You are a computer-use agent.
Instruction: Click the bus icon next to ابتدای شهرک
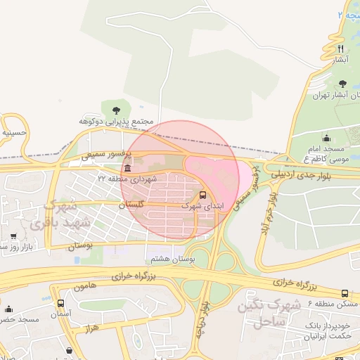coord(203,195)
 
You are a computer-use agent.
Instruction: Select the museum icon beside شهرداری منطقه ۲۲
coord(127,169)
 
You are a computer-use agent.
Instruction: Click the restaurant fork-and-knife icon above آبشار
coord(340,49)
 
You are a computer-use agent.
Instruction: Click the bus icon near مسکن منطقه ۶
coord(345,293)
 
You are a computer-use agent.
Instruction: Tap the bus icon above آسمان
coord(60,304)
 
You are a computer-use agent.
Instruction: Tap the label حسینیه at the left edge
coord(14,131)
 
